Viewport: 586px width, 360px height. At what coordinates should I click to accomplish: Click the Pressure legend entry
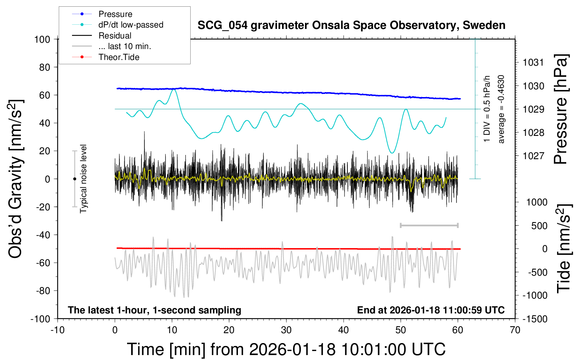click(x=115, y=14)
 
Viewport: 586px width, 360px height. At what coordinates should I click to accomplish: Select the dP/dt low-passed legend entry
click(x=131, y=25)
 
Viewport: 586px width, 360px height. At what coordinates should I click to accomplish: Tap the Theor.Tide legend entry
click(x=119, y=57)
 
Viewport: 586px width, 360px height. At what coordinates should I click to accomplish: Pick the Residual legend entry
click(x=115, y=36)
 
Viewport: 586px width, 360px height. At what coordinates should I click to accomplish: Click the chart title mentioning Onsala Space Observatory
click(x=351, y=25)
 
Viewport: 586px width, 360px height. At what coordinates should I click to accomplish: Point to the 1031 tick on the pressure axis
click(x=533, y=62)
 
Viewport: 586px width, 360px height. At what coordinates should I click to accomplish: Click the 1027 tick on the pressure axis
click(x=533, y=156)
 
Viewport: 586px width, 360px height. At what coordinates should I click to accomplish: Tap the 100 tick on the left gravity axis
click(x=42, y=39)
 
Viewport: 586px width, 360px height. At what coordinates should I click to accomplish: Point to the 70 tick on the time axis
click(x=515, y=330)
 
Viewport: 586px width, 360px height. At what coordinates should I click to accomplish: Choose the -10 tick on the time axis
click(x=58, y=330)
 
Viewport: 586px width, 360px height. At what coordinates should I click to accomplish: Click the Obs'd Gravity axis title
click(x=16, y=179)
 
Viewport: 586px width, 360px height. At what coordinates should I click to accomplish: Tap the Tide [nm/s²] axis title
click(x=564, y=249)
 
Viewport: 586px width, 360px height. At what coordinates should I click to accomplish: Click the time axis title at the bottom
click(x=286, y=349)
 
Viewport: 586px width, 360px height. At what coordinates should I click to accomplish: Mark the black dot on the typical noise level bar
click(x=74, y=179)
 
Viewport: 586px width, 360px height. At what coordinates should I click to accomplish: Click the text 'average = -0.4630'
click(x=501, y=109)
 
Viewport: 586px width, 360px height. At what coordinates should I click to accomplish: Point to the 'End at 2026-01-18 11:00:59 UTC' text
click(x=431, y=310)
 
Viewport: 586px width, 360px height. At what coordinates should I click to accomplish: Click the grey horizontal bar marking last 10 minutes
click(x=429, y=225)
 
